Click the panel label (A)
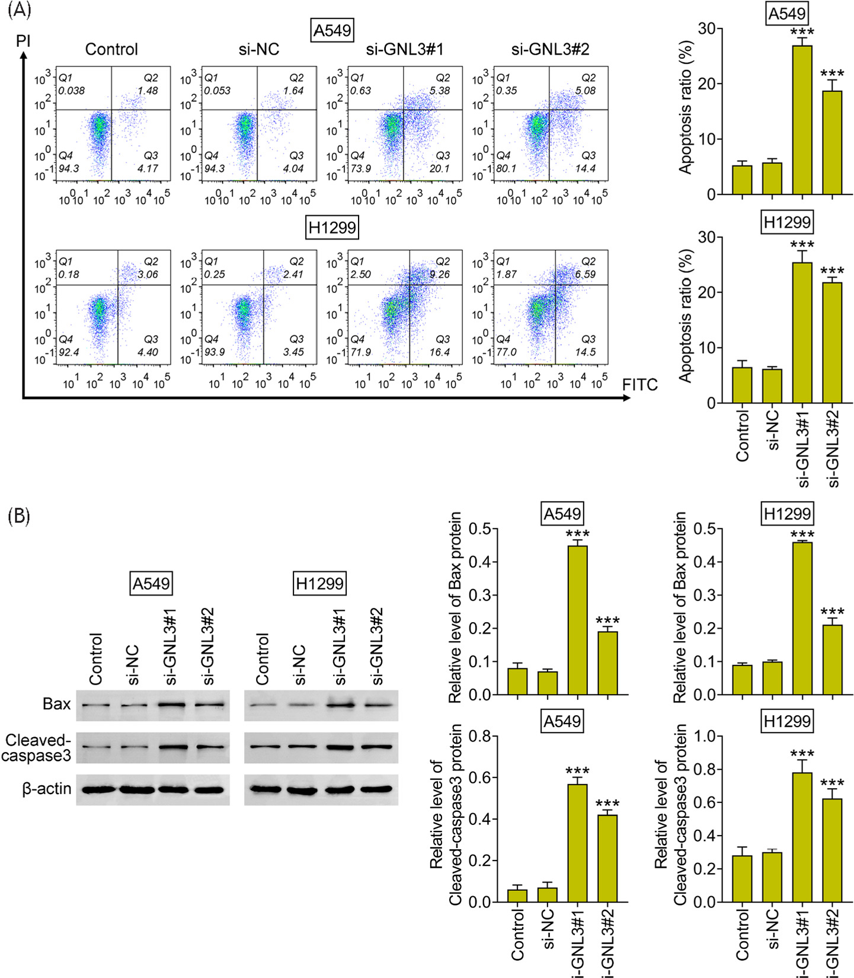[20, 10]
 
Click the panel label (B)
[19, 516]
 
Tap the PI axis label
[23, 41]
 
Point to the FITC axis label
[640, 385]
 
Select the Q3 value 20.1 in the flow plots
[439, 168]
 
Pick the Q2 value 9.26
[440, 275]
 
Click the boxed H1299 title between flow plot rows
[332, 228]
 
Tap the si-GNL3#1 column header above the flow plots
[405, 49]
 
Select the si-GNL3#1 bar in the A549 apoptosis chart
[802, 120]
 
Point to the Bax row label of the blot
[56, 704]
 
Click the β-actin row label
[47, 789]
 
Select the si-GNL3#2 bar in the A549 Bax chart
[607, 662]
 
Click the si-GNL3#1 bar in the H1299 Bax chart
[802, 618]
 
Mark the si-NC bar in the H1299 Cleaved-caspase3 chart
[772, 877]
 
